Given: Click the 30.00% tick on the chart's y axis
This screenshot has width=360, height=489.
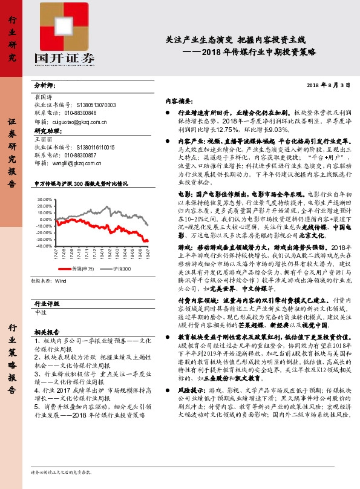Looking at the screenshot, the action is (44, 199).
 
